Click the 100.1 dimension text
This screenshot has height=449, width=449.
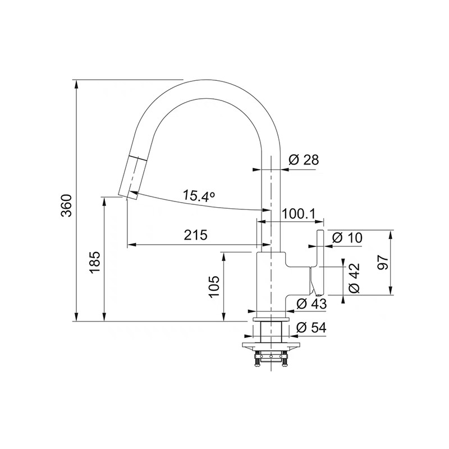coord(298,214)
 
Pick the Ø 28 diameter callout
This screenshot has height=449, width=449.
coord(304,160)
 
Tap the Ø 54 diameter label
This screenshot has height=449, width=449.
coord(311,327)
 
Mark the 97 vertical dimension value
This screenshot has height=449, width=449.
coord(383,263)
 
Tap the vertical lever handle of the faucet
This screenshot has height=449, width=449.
coord(320,258)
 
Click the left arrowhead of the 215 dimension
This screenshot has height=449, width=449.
coord(131,245)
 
